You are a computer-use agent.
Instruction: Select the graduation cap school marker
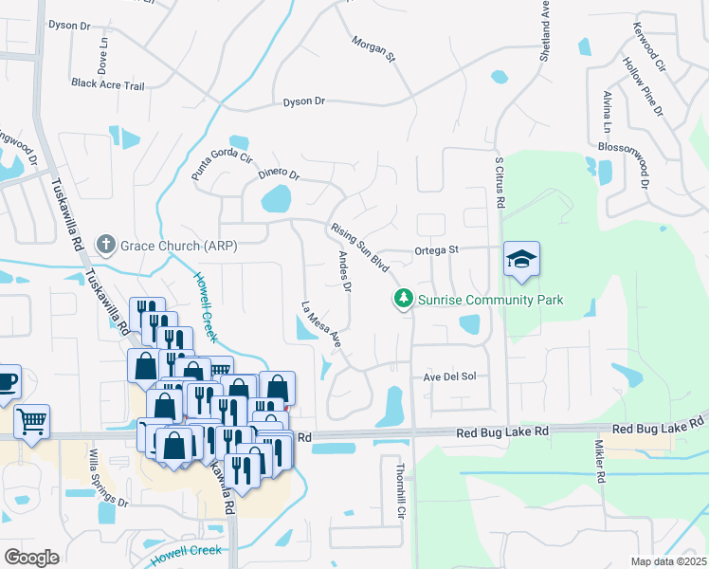521,259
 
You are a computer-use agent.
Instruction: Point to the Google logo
31,557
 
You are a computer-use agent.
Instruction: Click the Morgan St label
372,50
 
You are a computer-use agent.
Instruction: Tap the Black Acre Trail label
107,84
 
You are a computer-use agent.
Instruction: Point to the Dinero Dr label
278,174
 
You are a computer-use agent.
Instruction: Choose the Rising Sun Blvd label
360,247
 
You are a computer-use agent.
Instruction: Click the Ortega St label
436,250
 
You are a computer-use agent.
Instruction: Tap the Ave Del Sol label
449,376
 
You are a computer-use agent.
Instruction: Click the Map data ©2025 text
669,561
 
